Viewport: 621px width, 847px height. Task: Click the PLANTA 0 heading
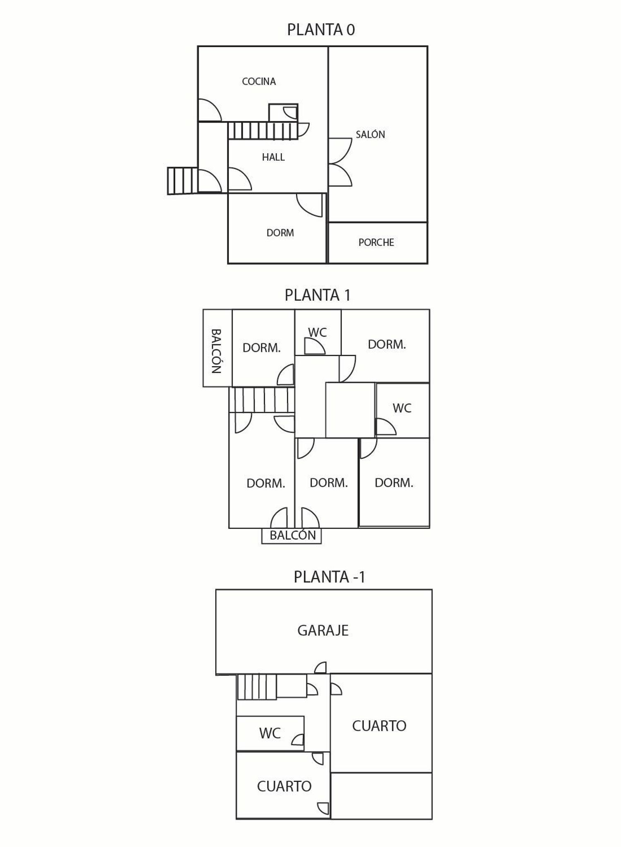click(321, 30)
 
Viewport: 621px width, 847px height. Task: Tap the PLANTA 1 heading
click(318, 295)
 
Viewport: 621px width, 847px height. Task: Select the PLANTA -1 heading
click(329, 577)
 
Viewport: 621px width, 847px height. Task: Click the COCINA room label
click(259, 82)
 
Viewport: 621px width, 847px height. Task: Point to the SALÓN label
click(370, 134)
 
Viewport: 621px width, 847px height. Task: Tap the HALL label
click(273, 157)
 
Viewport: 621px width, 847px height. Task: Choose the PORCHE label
click(376, 242)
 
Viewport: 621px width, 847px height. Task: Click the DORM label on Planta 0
click(280, 233)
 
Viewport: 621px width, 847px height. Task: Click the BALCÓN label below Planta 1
click(292, 535)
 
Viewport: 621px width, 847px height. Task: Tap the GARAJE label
click(323, 630)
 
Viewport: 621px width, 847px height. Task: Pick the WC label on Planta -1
click(270, 733)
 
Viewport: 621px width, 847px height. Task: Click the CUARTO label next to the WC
click(284, 786)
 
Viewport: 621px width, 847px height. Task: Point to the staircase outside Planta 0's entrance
click(182, 181)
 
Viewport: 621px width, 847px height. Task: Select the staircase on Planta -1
click(256, 686)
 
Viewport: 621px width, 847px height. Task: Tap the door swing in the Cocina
click(209, 111)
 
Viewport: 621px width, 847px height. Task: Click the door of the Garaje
click(321, 668)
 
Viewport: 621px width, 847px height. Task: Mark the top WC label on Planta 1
click(317, 332)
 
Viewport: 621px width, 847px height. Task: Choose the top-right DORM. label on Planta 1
click(387, 344)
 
